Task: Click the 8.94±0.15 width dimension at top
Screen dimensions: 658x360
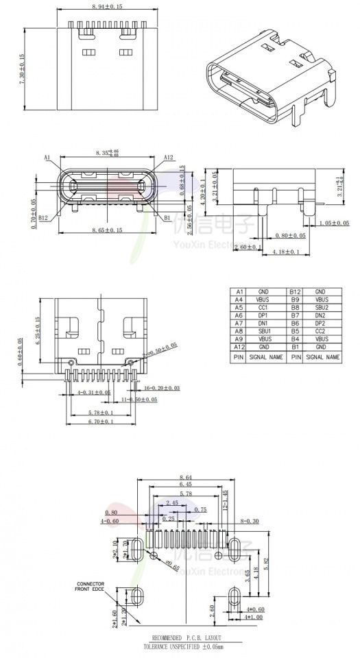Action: (103, 7)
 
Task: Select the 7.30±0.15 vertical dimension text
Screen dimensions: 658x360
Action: (22, 69)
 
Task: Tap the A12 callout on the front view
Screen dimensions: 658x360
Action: (168, 157)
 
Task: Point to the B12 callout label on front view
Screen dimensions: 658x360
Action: (43, 218)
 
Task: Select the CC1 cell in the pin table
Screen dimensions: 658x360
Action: (263, 308)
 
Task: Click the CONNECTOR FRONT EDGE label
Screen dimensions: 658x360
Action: (90, 587)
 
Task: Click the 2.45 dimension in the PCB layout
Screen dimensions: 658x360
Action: (172, 502)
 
